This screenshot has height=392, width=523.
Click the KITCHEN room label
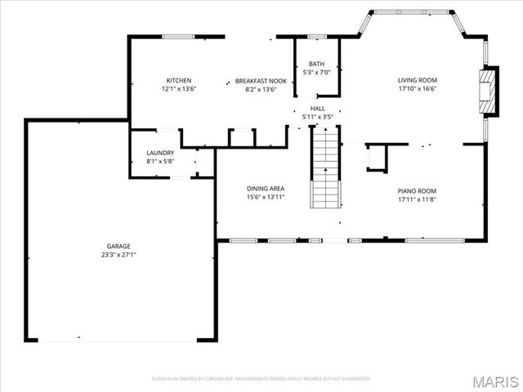pyautogui.click(x=179, y=80)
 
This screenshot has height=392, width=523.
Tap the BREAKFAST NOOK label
pyautogui.click(x=261, y=80)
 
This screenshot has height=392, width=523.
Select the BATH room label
pyautogui.click(x=315, y=65)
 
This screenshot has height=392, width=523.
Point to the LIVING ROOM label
pyautogui.click(x=418, y=80)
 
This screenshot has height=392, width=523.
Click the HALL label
pyautogui.click(x=317, y=109)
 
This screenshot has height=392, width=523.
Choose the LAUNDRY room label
pyautogui.click(x=160, y=153)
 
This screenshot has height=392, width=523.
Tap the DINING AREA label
pyautogui.click(x=266, y=188)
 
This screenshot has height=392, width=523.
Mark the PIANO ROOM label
pyautogui.click(x=418, y=191)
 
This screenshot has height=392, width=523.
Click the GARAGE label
pyautogui.click(x=118, y=246)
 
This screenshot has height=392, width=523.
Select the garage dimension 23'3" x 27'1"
pyautogui.click(x=118, y=254)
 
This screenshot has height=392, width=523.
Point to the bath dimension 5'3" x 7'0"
pyautogui.click(x=315, y=73)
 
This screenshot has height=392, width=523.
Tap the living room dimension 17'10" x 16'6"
pyautogui.click(x=418, y=88)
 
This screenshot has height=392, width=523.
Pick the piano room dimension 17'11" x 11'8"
pyautogui.click(x=418, y=199)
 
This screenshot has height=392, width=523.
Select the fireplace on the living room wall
pyautogui.click(x=488, y=89)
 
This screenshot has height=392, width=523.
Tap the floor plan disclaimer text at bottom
pyautogui.click(x=261, y=379)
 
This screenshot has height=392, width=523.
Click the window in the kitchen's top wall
pyautogui.click(x=178, y=36)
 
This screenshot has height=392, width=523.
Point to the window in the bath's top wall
pyautogui.click(x=317, y=36)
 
